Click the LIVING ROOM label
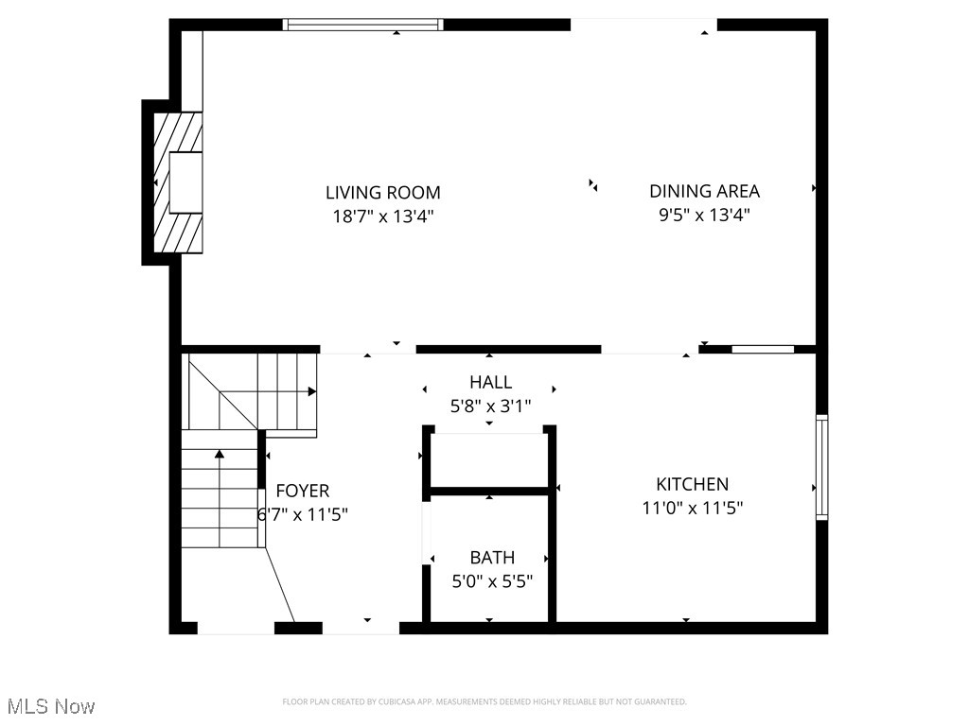coord(382,193)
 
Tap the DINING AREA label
coord(704,191)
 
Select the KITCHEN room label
coord(693,484)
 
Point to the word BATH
coord(492,558)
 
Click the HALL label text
coord(490,382)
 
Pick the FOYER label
coord(303,491)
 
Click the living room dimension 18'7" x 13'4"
coord(382,216)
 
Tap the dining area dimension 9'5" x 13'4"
coord(704,215)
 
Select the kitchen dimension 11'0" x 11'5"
coord(693,508)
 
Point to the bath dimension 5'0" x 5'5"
coord(491,581)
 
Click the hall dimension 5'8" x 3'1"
coord(490,406)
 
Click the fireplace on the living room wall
coord(177,182)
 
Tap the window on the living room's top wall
coord(363,25)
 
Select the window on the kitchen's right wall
coord(821,467)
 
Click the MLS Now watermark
coord(51,706)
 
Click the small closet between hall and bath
coord(489,460)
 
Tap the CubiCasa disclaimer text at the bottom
coord(484,701)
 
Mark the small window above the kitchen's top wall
coord(763,350)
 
